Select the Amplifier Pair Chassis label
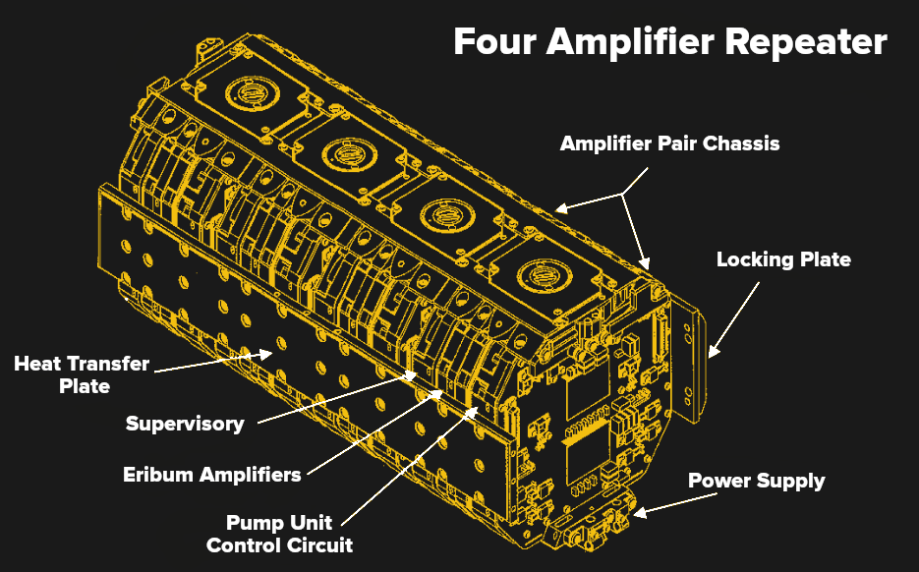pyautogui.click(x=669, y=143)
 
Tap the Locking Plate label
pyautogui.click(x=782, y=260)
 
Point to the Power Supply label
pyautogui.click(x=756, y=481)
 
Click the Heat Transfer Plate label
pyautogui.click(x=82, y=374)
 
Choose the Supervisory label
pyautogui.click(x=185, y=425)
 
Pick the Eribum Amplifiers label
pyautogui.click(x=211, y=475)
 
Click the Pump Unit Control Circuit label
pyautogui.click(x=279, y=533)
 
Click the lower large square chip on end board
pyautogui.click(x=584, y=454)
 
